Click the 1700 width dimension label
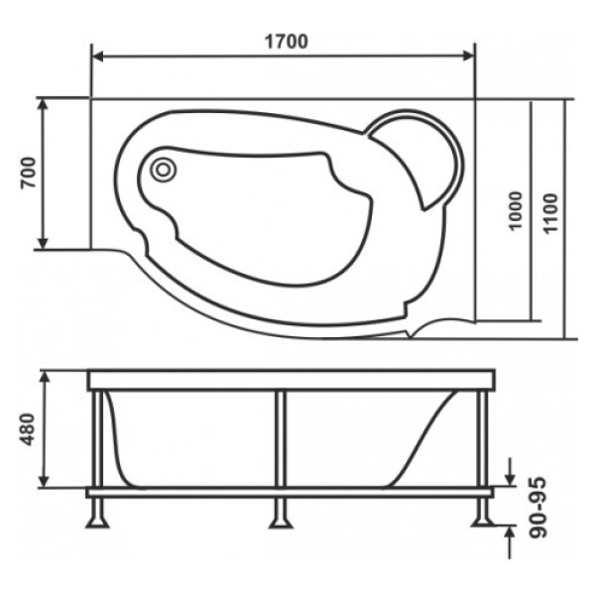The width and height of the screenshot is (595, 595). tap(285, 42)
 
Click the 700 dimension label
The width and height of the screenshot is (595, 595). tap(27, 174)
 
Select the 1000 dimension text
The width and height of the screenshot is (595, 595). tap(514, 210)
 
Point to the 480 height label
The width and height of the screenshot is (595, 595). tap(27, 429)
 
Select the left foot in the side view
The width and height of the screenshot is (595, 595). tap(100, 514)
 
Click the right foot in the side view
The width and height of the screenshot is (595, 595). tap(483, 514)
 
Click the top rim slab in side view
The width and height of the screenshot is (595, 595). tap(291, 380)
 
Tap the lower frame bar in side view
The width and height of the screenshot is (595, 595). tap(291, 491)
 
